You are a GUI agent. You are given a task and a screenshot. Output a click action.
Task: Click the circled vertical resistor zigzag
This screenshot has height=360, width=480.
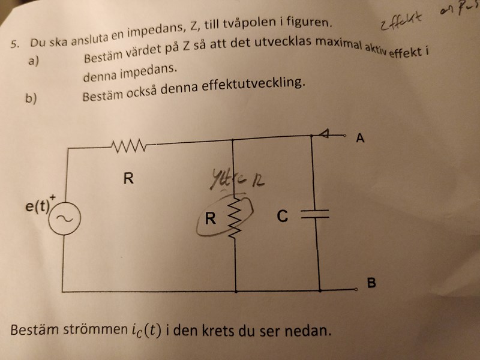(x=235, y=220)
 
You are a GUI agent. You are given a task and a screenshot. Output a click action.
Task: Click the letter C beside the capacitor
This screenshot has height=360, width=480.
(x=283, y=216)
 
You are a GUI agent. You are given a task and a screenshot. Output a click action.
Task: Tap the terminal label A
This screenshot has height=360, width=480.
(x=360, y=139)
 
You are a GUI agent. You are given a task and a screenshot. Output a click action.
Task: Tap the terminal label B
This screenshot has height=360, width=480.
(x=371, y=283)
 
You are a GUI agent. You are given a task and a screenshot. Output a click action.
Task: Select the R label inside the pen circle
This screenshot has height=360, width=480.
(x=209, y=219)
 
